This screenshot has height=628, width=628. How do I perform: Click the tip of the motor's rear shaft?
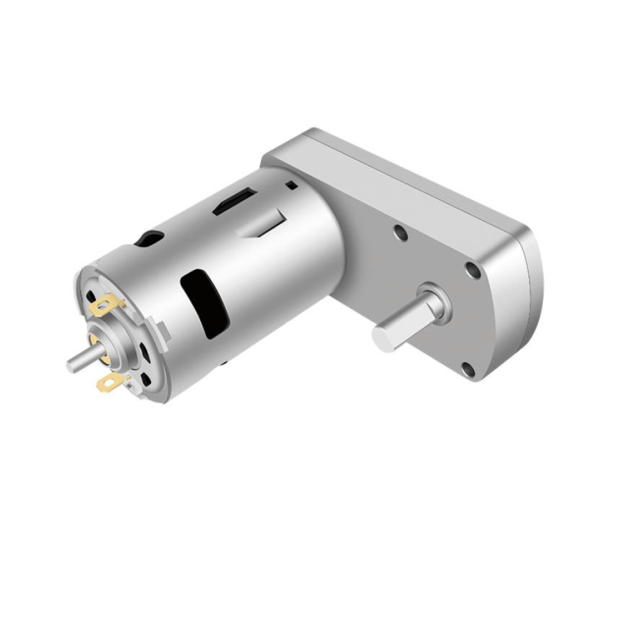point(71,365)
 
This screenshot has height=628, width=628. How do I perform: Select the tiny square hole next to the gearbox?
point(290,183)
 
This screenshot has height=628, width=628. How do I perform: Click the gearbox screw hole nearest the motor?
point(400,235)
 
